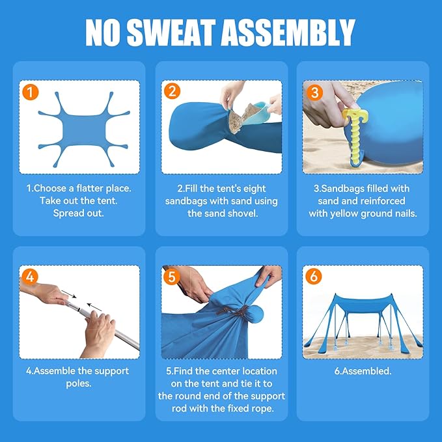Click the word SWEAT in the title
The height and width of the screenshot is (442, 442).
172,33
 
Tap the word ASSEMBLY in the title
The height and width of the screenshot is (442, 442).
288,33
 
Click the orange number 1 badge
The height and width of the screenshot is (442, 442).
30,92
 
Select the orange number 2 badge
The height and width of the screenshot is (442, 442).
173,91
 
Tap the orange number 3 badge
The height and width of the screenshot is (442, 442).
314,92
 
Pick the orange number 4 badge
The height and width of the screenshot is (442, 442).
30,277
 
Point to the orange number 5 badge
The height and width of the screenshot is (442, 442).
172,277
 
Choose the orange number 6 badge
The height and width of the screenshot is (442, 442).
314,276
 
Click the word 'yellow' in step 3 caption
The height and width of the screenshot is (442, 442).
344,214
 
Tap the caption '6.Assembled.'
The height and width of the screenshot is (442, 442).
363,371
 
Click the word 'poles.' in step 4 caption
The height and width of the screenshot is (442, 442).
79,383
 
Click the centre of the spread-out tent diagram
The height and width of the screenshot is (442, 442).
83,130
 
